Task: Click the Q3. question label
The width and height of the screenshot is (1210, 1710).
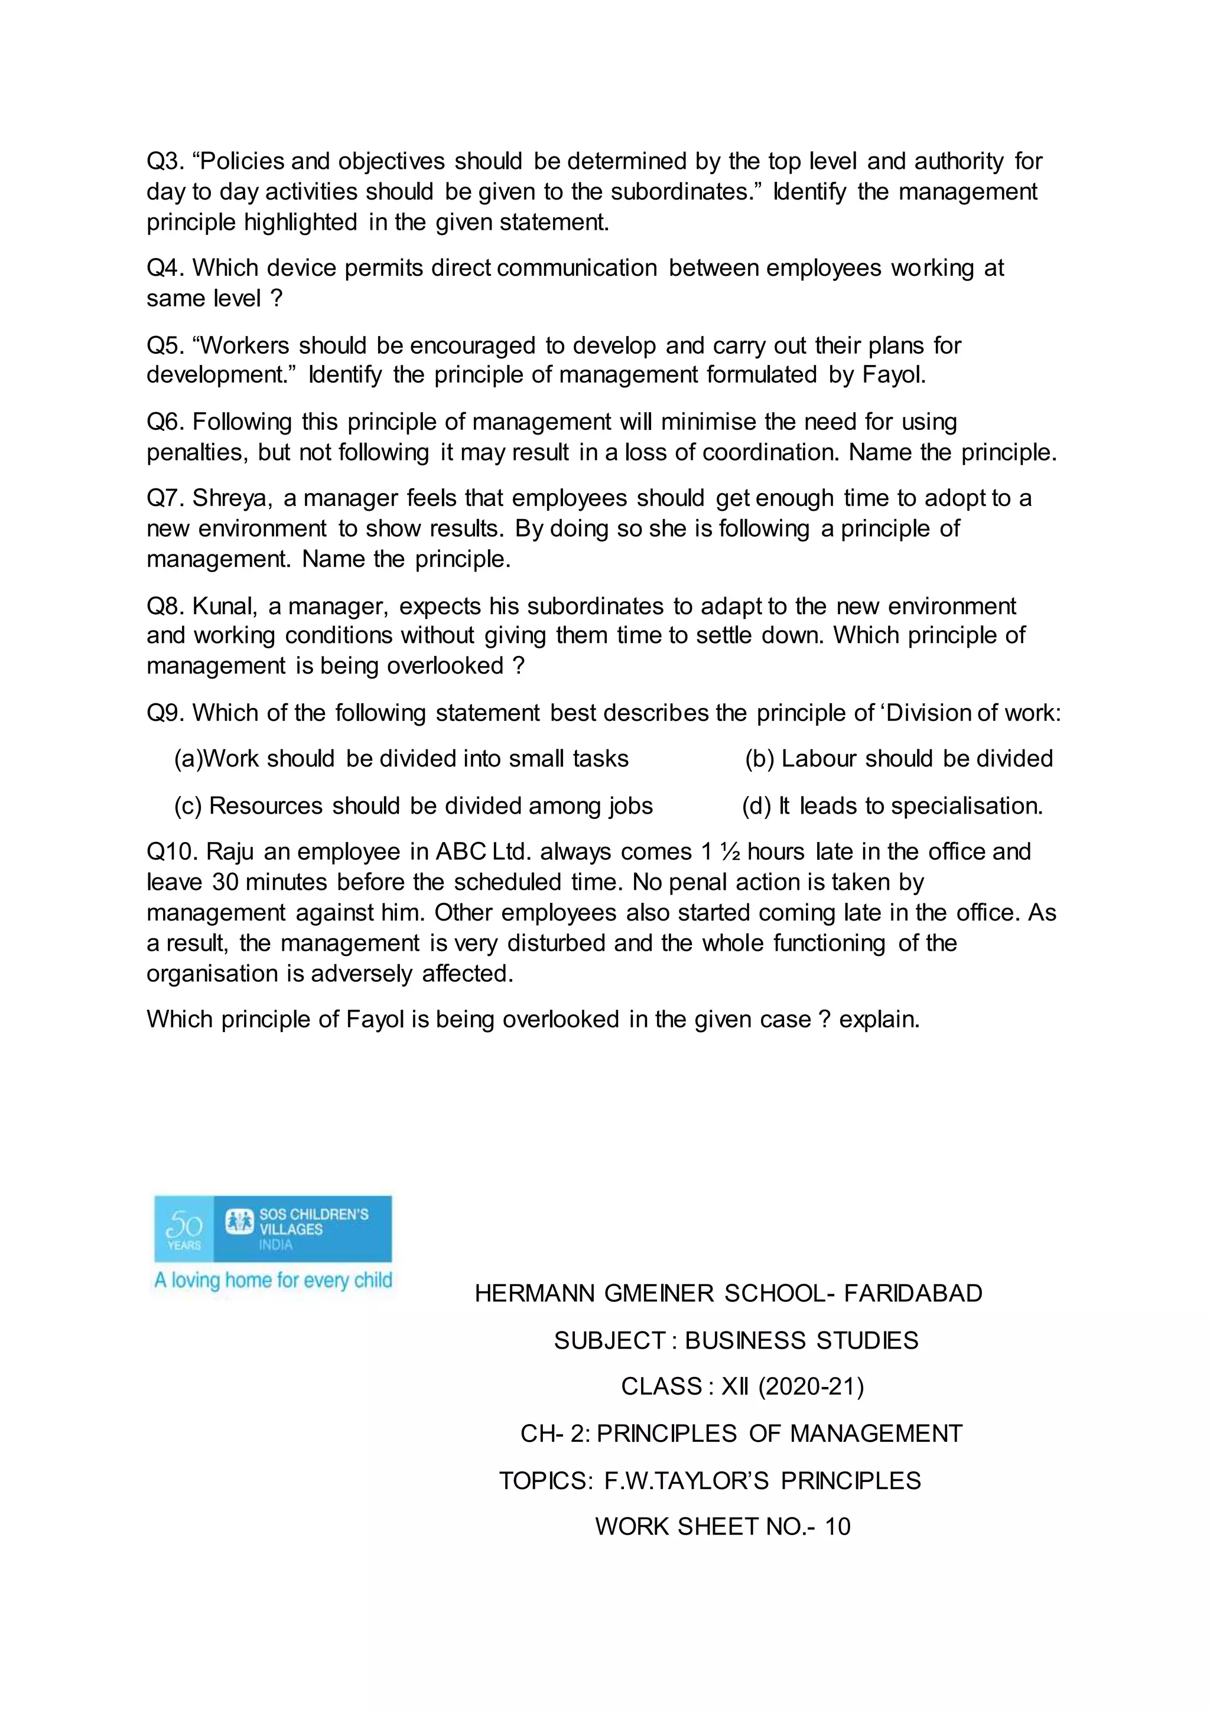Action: [x=165, y=162]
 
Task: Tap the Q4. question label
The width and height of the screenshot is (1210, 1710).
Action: [x=165, y=268]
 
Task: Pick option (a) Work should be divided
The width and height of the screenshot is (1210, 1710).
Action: [x=401, y=759]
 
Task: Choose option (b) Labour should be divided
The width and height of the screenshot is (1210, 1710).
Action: [x=899, y=759]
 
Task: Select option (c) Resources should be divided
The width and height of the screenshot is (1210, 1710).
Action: [x=414, y=806]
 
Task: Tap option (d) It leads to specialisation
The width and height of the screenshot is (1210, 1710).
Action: [x=892, y=806]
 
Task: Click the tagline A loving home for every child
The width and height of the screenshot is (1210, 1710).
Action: [x=273, y=1280]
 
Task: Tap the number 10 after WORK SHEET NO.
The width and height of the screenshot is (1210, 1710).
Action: [x=837, y=1527]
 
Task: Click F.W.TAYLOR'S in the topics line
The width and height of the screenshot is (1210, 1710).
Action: [x=685, y=1481]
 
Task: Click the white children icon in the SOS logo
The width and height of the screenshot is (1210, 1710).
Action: [x=240, y=1222]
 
